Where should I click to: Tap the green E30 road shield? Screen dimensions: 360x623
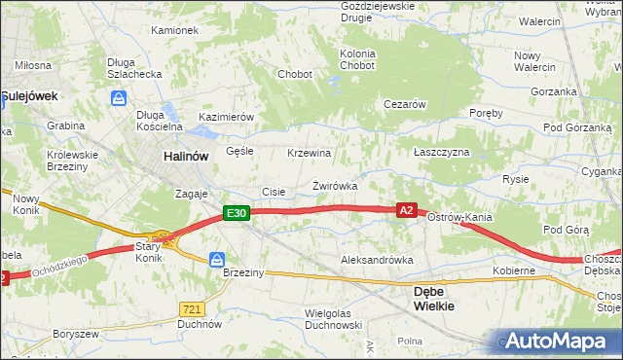coord(235,212)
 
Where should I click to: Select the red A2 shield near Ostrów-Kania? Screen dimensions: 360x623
coord(407,209)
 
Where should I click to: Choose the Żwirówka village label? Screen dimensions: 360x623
coord(335,185)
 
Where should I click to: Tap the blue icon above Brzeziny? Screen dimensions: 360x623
coord(218,260)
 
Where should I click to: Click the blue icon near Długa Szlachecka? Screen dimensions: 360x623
coord(119,98)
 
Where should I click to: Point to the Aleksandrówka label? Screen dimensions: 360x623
coord(377,261)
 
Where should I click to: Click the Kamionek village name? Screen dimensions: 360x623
coord(174,30)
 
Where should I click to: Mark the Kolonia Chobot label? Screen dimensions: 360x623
coord(357,59)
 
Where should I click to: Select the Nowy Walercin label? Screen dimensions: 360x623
coord(534,60)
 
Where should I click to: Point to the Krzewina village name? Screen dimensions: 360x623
coord(310,154)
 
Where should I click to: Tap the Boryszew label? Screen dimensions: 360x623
coord(77,334)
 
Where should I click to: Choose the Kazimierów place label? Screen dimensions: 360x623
coord(226,117)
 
